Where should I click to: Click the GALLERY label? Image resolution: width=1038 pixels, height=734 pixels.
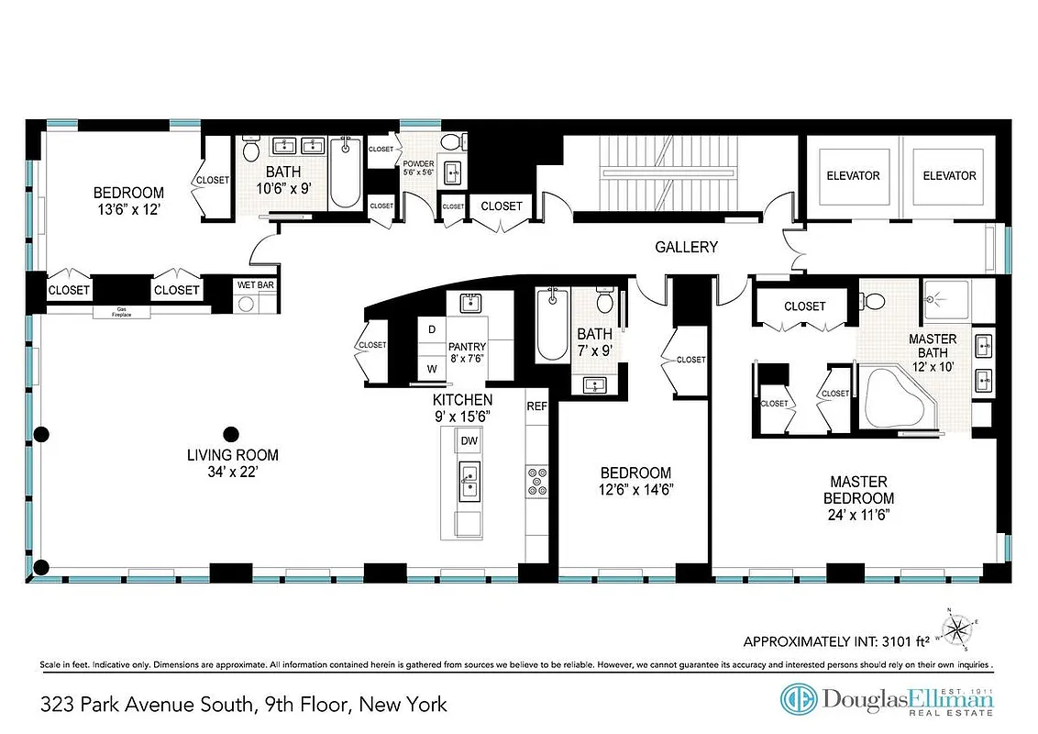[x=686, y=248]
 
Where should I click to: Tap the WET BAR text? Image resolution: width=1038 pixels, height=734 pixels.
[x=256, y=285]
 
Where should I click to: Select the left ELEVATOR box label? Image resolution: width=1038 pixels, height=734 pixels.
[x=853, y=176]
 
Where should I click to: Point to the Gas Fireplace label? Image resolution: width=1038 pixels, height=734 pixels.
[x=121, y=312]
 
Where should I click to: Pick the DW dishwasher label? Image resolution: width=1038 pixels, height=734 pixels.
[x=469, y=441]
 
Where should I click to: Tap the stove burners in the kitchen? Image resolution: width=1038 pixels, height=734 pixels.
[x=536, y=480]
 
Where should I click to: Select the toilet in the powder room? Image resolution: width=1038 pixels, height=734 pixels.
[x=449, y=143]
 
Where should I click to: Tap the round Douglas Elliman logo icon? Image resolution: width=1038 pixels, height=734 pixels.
[x=798, y=699]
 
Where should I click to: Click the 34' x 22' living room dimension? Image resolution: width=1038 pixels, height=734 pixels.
[x=232, y=473]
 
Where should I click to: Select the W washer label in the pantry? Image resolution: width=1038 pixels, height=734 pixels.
[x=431, y=369]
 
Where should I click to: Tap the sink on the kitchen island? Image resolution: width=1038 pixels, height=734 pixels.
[x=469, y=477]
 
